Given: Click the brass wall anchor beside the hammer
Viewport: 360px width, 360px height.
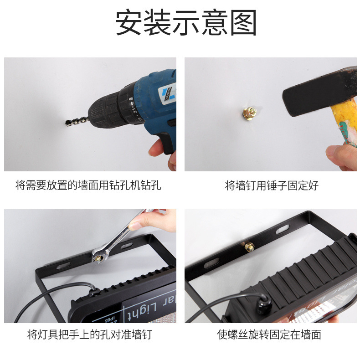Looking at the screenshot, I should [250, 112].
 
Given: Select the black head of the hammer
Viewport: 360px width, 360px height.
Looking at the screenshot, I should [314, 93].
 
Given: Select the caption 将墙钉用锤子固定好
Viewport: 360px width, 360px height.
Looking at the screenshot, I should [272, 185].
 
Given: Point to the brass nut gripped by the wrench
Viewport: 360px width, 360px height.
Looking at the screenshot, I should [97, 257].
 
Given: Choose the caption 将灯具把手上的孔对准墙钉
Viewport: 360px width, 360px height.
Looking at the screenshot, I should [89, 335].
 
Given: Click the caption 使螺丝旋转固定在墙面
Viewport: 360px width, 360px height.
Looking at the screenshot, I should [269, 335].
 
